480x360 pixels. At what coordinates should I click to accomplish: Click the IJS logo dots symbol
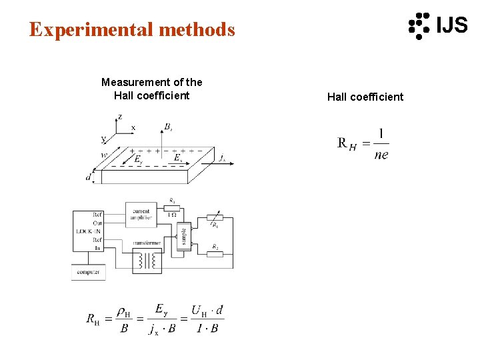[419, 25]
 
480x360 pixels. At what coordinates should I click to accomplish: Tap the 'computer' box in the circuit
[88, 272]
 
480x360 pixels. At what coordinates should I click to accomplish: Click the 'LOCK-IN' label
[88, 231]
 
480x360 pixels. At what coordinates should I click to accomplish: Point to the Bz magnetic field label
[168, 127]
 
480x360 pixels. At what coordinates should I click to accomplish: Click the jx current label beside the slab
[222, 158]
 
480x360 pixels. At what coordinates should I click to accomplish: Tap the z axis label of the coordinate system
[119, 117]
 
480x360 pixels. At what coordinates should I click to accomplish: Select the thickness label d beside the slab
[88, 177]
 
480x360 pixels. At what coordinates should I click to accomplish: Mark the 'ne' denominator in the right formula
[381, 155]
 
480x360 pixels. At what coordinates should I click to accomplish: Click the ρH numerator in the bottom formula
[124, 312]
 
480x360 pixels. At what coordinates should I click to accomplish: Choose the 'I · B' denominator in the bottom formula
[205, 328]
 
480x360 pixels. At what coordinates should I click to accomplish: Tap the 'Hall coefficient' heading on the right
[365, 97]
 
